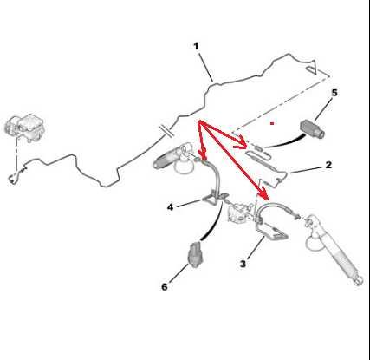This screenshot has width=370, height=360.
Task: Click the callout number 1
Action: pyautogui.click(x=197, y=46)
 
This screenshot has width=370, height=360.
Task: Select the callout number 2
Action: pyautogui.click(x=328, y=165)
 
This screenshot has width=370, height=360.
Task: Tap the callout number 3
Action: pyautogui.click(x=243, y=264)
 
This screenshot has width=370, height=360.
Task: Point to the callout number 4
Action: pyautogui.click(x=171, y=207)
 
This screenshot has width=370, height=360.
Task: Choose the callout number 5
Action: pyautogui.click(x=334, y=93)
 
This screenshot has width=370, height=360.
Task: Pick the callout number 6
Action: pyautogui.click(x=165, y=287)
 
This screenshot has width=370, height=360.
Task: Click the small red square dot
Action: pyautogui.click(x=272, y=123)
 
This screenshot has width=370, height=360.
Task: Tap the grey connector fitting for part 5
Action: pyautogui.click(x=313, y=128)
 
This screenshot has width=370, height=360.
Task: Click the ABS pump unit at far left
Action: pyautogui.click(x=25, y=128)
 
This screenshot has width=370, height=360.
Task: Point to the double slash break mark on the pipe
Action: pyautogui.click(x=167, y=131)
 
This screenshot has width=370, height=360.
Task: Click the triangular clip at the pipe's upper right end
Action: pyautogui.click(x=312, y=67)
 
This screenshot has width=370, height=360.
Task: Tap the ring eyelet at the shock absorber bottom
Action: pyautogui.click(x=359, y=281)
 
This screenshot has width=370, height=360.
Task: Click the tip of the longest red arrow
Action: pyautogui.click(x=268, y=200)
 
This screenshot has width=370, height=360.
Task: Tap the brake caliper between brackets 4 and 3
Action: pyautogui.click(x=238, y=213)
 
